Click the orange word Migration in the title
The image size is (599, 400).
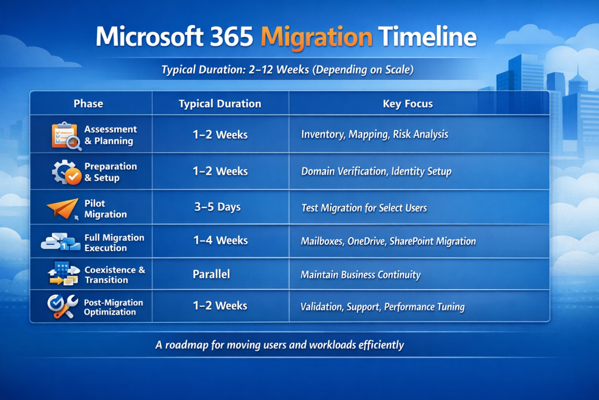click(x=316, y=37)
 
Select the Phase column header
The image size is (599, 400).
click(x=88, y=104)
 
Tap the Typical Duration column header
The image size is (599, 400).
click(x=220, y=104)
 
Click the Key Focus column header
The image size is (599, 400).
click(x=407, y=104)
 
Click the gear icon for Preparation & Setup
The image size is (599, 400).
click(x=66, y=172)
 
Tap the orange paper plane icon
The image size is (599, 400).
click(x=63, y=208)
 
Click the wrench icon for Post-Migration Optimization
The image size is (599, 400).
click(x=62, y=307)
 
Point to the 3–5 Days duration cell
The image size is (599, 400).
click(x=218, y=207)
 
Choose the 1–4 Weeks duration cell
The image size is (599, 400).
click(x=220, y=240)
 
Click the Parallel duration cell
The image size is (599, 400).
click(x=211, y=274)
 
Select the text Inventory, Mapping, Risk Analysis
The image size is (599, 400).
click(x=374, y=135)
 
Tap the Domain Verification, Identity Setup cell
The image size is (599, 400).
click(x=376, y=171)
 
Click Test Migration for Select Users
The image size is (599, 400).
click(x=364, y=208)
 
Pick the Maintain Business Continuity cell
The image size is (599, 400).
click(x=361, y=275)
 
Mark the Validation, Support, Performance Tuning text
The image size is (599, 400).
click(x=383, y=307)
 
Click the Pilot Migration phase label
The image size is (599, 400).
click(x=105, y=209)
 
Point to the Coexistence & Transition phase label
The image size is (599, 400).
click(x=114, y=275)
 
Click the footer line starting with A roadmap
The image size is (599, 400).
click(x=280, y=345)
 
